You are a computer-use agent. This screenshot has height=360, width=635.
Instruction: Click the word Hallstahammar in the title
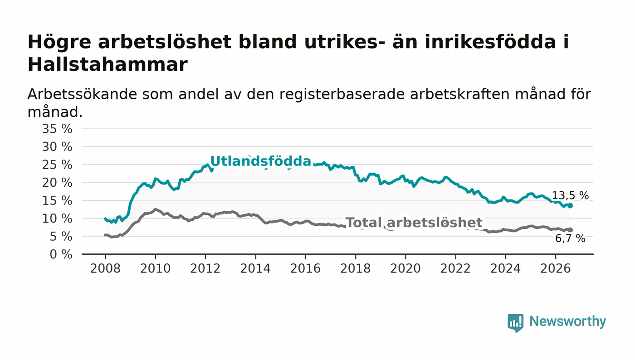tap(107, 64)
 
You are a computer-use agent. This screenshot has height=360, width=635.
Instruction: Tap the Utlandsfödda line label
tap(261, 161)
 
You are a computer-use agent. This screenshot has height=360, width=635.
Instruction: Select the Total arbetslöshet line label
tap(414, 223)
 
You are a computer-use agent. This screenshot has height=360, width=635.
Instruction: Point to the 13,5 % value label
tap(570, 195)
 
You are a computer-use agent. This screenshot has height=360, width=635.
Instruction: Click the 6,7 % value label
tap(570, 238)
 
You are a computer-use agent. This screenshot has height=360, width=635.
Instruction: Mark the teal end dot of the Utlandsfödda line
tap(571, 205)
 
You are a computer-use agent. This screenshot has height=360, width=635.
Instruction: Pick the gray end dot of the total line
tap(571, 230)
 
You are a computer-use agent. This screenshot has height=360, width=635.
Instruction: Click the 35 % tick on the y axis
tap(57, 129)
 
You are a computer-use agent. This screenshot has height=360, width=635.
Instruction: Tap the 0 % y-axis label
tap(61, 254)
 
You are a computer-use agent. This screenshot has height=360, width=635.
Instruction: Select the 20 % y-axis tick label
tap(57, 183)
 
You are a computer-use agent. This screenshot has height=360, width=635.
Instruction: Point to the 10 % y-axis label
tap(57, 219)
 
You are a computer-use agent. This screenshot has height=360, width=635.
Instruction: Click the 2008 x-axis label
tap(105, 268)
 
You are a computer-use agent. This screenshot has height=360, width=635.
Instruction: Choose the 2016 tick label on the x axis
tap(305, 268)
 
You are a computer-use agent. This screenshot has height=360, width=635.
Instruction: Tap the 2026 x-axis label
tap(555, 268)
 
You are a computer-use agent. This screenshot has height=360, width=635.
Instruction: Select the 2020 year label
tap(405, 268)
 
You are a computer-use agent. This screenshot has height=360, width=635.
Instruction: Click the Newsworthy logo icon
tap(515, 322)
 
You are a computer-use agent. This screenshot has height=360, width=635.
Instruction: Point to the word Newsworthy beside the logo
tap(567, 321)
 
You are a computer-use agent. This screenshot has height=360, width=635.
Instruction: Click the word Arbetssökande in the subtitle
tap(82, 94)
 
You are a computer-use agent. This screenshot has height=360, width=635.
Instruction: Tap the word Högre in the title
tap(59, 43)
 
